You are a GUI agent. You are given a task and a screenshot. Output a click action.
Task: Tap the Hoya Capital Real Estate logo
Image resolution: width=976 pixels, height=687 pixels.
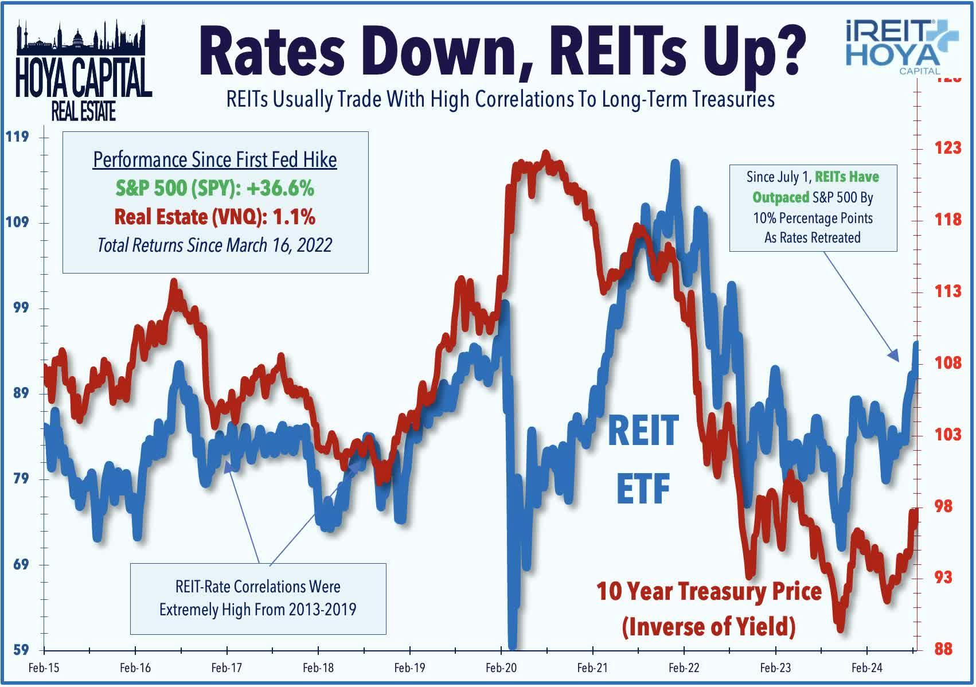tap(83, 71)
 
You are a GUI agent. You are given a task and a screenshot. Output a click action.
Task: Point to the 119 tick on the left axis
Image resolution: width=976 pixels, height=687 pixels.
tap(17, 138)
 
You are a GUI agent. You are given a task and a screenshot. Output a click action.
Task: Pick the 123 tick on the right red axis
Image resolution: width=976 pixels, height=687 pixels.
tap(947, 148)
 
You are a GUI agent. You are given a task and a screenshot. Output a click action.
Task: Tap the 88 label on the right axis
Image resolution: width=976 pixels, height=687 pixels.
tap(943, 649)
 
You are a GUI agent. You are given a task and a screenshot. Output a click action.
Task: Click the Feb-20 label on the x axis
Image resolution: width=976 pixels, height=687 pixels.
tap(501, 668)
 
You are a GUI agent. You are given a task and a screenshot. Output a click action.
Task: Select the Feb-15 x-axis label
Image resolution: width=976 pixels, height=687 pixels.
tap(44, 668)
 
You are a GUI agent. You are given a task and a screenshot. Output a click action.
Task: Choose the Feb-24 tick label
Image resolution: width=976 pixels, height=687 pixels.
tap(866, 668)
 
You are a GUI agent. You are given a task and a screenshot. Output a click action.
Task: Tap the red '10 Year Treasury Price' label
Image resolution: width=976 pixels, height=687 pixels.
tap(709, 591)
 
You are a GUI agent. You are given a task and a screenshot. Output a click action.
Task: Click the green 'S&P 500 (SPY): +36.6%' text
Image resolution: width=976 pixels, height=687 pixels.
tap(214, 188)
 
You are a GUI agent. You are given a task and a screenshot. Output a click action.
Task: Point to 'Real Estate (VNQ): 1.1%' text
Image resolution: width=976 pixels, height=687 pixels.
tap(214, 217)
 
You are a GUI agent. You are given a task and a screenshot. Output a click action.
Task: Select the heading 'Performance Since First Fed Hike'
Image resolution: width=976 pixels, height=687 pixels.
tap(214, 159)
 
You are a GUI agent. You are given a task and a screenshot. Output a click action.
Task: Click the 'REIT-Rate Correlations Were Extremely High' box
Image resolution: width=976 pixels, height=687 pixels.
tap(258, 598)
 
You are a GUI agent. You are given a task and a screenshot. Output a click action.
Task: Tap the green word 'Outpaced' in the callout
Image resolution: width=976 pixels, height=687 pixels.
tap(780, 198)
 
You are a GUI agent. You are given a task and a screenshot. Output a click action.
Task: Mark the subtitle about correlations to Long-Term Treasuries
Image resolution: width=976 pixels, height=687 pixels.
tap(500, 100)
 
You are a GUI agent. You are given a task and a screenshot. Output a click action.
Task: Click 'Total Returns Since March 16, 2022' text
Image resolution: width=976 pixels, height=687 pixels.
tap(214, 245)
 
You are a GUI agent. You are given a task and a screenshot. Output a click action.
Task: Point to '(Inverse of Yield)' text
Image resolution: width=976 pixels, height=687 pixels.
tap(709, 626)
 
